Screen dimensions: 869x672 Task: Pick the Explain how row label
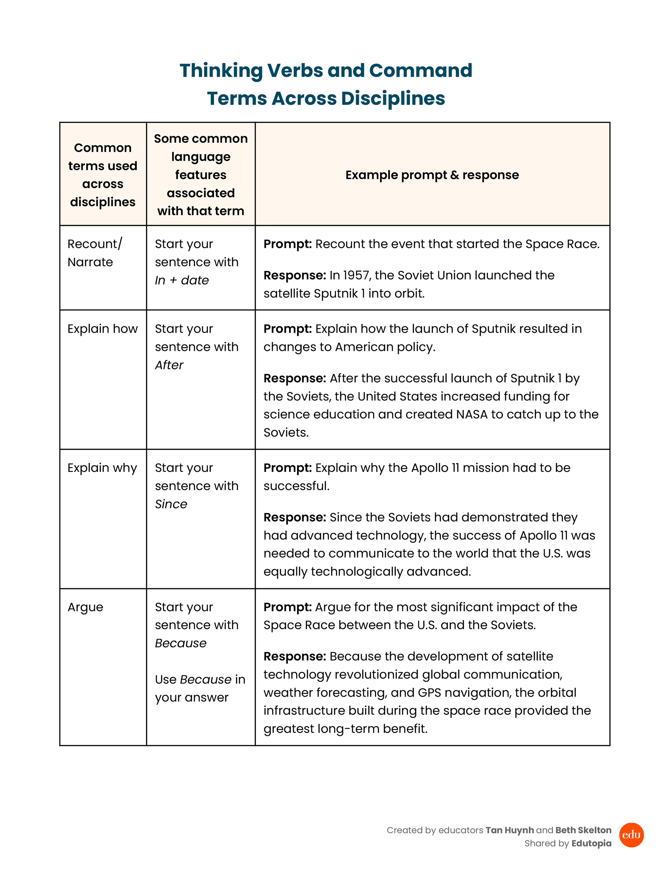pos(102,329)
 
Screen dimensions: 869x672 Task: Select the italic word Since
pos(171,504)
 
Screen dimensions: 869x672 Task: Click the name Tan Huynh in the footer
pos(510,830)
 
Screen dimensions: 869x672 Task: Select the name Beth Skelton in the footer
pos(583,830)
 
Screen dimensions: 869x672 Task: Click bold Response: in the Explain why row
pos(295,517)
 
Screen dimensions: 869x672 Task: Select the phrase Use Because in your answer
pos(200,688)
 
